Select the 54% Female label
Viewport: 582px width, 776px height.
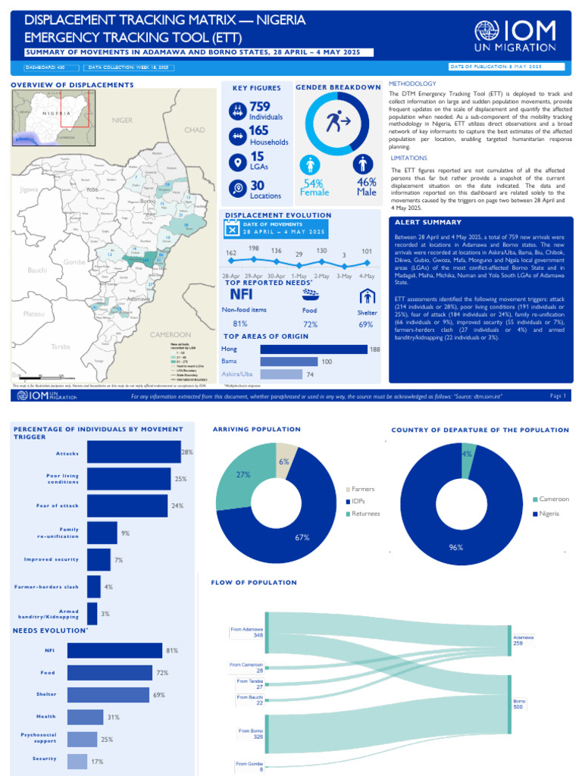point(314,187)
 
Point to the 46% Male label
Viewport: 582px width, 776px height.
point(367,187)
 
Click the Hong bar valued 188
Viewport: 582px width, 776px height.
point(314,349)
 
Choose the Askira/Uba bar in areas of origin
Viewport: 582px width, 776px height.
point(281,374)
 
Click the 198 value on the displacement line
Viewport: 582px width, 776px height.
point(254,249)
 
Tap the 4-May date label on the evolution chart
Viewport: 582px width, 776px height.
point(367,275)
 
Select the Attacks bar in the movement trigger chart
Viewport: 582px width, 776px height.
point(133,452)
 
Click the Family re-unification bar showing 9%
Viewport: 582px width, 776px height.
point(102,533)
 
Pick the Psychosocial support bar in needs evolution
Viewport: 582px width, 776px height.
point(82,739)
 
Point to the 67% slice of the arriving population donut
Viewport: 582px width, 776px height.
point(302,537)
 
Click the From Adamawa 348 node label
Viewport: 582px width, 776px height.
point(247,631)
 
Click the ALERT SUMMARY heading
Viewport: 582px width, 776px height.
point(427,222)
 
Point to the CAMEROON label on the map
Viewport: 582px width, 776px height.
point(171,334)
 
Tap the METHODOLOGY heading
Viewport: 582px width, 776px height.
point(412,83)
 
